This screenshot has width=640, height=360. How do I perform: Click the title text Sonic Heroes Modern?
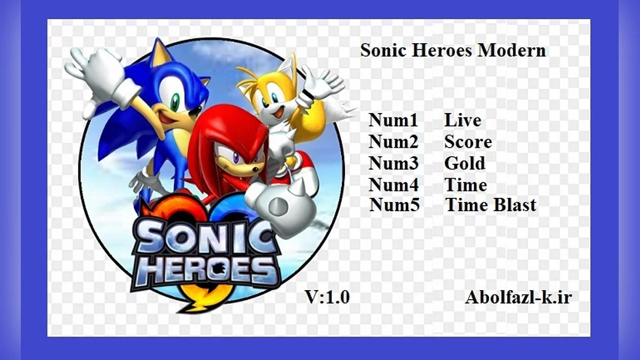tap(453, 51)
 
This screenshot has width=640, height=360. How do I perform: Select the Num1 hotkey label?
tap(393, 121)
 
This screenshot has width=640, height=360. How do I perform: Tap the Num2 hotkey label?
tap(393, 142)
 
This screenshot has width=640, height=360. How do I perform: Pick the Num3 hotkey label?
tap(393, 163)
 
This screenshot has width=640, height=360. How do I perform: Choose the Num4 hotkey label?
tap(393, 185)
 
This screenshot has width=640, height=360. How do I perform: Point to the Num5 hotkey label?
tap(394, 205)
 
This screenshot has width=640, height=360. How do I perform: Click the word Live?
tap(462, 121)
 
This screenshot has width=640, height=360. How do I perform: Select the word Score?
tap(468, 142)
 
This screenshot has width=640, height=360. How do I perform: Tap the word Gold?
tap(465, 163)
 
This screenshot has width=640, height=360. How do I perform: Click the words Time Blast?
tap(491, 205)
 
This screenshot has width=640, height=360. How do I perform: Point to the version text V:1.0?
tap(327, 297)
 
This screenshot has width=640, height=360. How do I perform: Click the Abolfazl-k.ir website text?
tap(518, 298)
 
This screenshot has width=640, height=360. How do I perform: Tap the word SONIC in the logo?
tap(205, 238)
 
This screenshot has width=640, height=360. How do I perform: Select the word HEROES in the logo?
tap(205, 270)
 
